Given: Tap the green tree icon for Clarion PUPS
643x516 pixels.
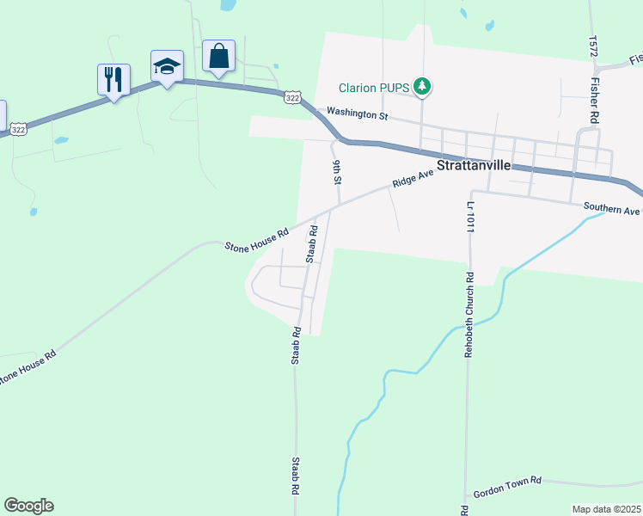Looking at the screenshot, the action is [421, 86].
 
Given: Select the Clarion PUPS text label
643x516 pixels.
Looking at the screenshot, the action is [374, 87].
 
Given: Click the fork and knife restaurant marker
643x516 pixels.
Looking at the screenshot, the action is [113, 79].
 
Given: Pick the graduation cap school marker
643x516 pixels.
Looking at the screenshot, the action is [167, 66].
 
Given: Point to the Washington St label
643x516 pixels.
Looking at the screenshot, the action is [357, 114].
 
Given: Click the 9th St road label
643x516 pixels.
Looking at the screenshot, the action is [338, 171].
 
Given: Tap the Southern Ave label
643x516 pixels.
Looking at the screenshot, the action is [611, 208].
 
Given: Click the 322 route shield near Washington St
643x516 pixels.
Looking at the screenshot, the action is [293, 98].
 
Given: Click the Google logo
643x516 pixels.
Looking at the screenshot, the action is [28, 506].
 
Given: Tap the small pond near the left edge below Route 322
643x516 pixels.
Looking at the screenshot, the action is [60, 139].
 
